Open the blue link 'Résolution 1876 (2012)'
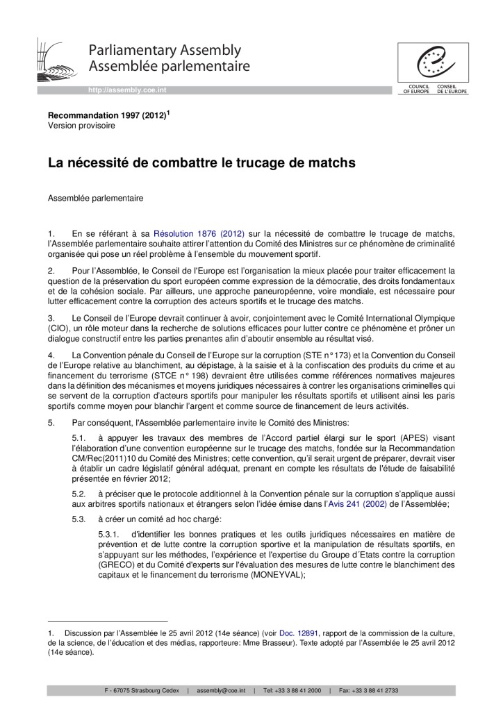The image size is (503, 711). tap(199, 234)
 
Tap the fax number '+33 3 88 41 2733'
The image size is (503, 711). tap(374, 690)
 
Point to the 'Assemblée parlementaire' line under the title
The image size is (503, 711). tap(95, 199)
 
